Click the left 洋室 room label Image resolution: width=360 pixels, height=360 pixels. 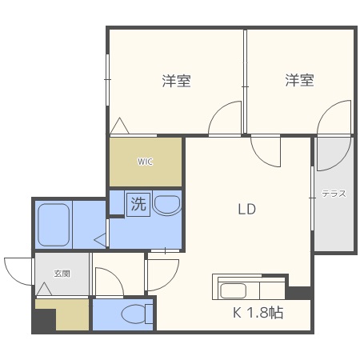click(x=176, y=81)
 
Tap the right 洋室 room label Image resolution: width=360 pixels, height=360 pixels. click(x=299, y=81)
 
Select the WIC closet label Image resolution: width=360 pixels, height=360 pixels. click(x=145, y=162)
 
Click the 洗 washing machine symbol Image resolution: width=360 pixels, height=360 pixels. click(x=138, y=204)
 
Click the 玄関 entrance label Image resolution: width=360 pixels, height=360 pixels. click(x=62, y=273)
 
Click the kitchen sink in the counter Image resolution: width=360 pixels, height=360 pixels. click(x=236, y=290)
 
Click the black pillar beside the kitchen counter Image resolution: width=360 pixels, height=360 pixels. click(x=298, y=292)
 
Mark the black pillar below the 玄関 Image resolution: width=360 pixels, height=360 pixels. click(x=43, y=321)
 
